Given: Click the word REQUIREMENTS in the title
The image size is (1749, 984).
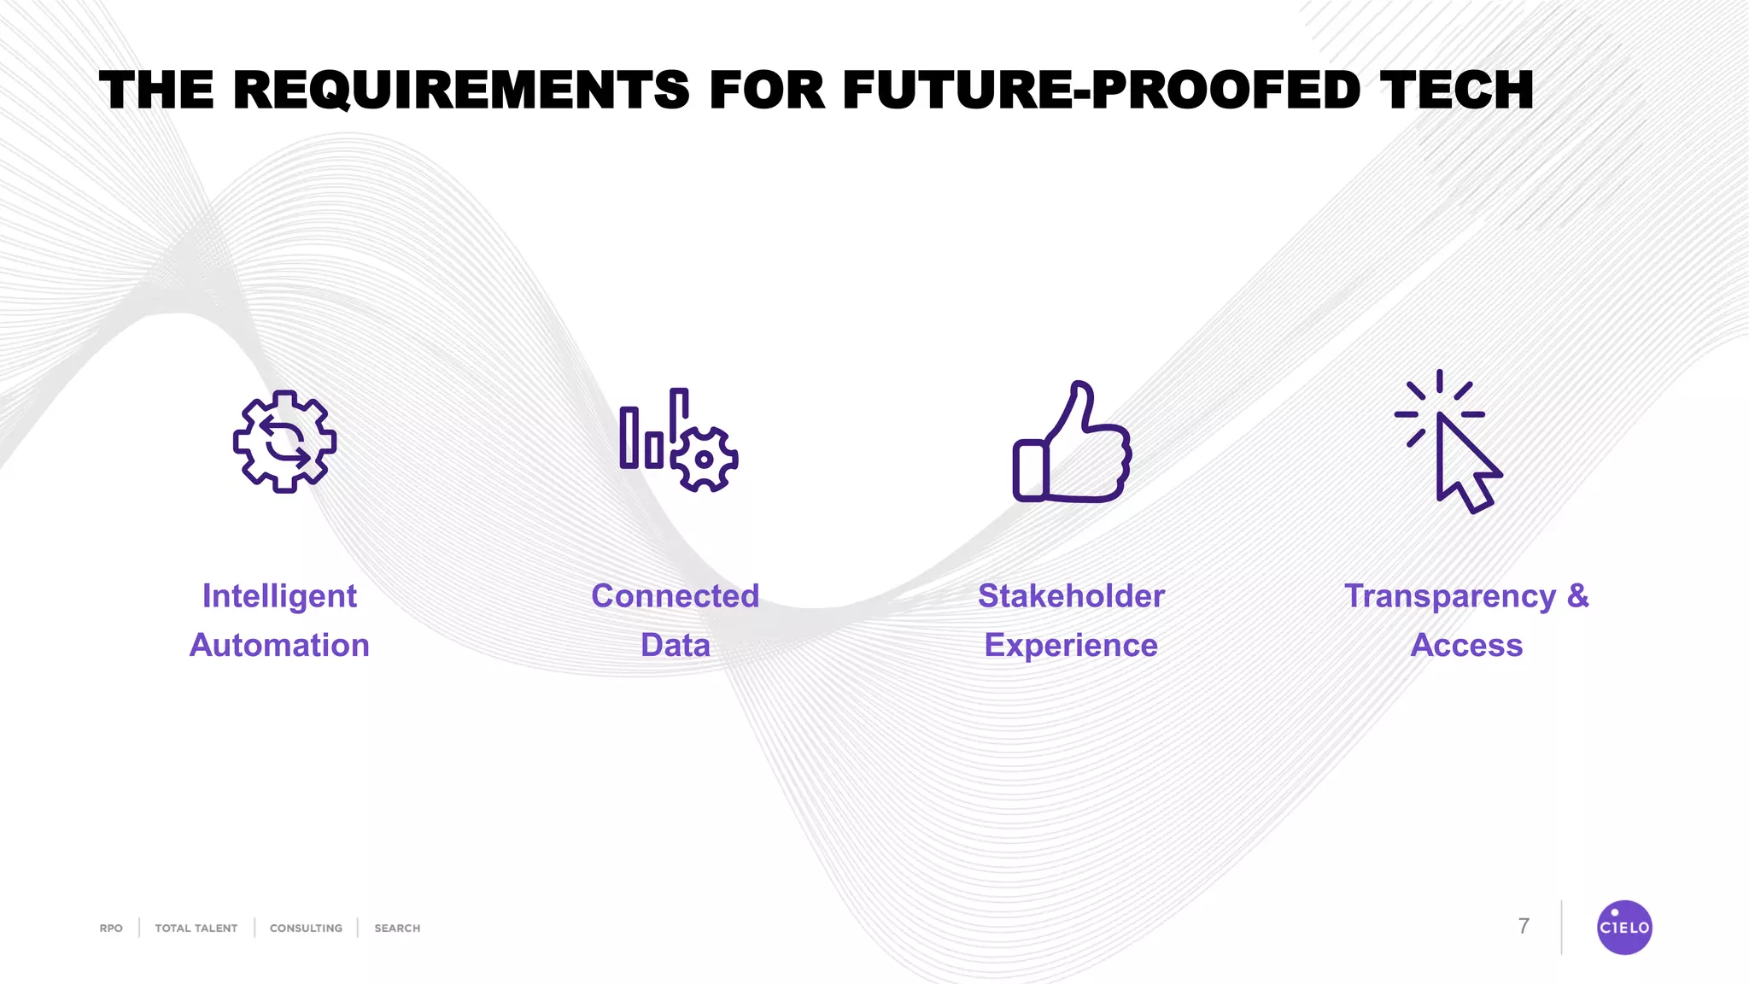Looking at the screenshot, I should [x=460, y=91].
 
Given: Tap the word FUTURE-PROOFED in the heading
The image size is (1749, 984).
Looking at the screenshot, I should [x=1101, y=91].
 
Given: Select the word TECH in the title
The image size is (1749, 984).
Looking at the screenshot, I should [x=1456, y=91].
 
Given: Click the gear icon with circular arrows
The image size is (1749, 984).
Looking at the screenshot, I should [x=284, y=442].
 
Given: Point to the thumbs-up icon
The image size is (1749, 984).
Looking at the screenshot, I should [x=1073, y=443].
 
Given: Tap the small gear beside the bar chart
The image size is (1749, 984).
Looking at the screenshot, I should [x=704, y=459].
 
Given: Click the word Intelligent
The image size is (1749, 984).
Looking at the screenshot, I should [x=279, y=596].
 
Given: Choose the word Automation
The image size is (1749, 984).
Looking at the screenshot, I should [x=279, y=645].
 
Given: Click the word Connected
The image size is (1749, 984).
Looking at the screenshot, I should [x=675, y=596].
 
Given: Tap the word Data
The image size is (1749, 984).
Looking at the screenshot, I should [x=675, y=645].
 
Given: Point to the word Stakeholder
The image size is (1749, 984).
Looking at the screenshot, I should [x=1071, y=596].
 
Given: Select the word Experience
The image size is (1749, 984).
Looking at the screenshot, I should [x=1071, y=645].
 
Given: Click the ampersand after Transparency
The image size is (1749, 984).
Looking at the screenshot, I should [x=1577, y=595].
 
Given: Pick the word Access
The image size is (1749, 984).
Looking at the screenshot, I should [x=1466, y=645].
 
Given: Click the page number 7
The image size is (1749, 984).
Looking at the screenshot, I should [x=1524, y=926].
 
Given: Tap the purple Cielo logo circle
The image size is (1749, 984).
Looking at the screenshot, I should [x=1624, y=927].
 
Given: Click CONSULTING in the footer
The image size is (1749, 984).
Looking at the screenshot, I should [x=306, y=928].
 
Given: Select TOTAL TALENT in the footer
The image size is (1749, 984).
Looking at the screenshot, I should [x=196, y=928].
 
